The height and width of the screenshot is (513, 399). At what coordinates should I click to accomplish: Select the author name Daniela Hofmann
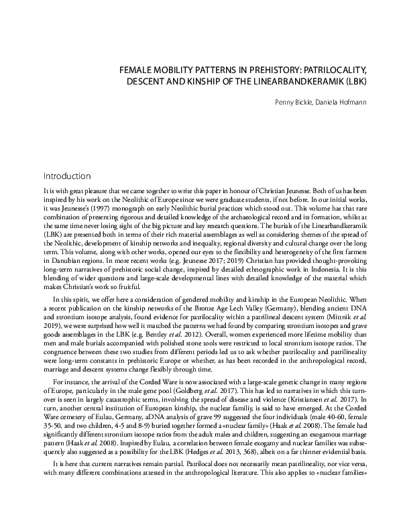click(347, 103)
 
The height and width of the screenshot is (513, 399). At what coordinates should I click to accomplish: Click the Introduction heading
click(66, 177)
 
